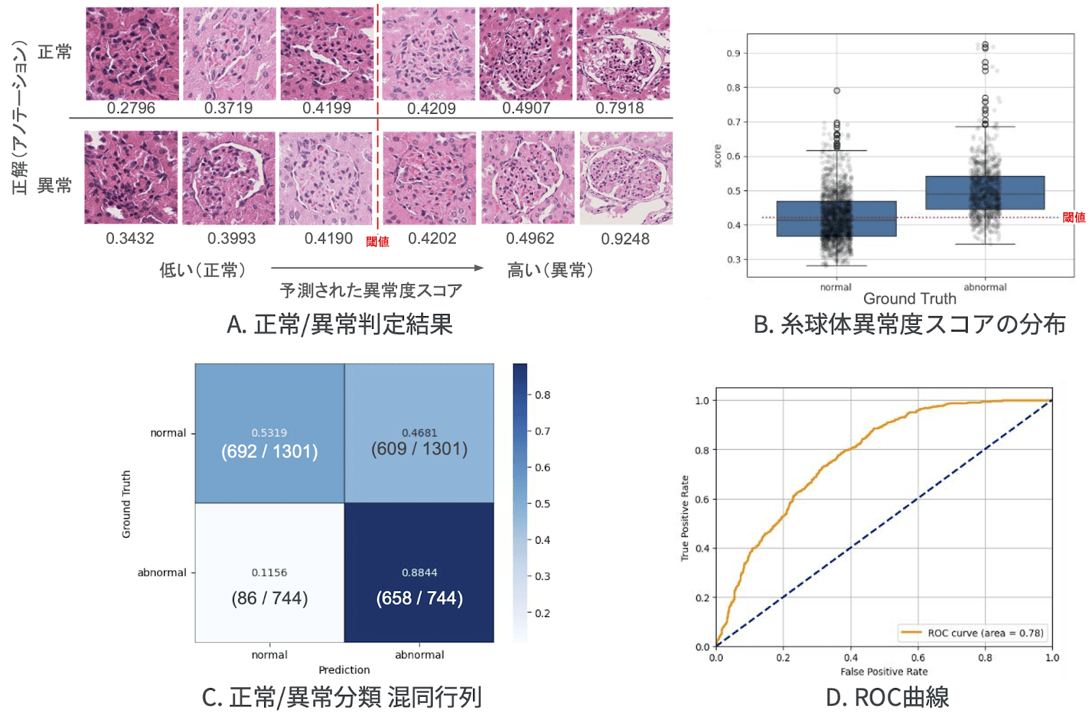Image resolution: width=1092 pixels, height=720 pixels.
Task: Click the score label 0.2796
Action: click(x=131, y=109)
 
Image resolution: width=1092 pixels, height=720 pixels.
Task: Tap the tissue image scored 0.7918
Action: click(x=623, y=54)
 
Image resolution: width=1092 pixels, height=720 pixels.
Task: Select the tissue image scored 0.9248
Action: click(x=626, y=178)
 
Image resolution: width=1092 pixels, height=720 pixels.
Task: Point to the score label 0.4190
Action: click(x=328, y=239)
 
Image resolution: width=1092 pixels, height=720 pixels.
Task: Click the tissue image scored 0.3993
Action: click(x=229, y=178)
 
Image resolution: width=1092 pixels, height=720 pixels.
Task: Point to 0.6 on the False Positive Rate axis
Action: click(x=918, y=658)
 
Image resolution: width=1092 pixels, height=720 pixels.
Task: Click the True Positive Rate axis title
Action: click(x=685, y=518)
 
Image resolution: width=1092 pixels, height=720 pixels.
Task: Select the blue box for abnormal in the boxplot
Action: click(x=985, y=193)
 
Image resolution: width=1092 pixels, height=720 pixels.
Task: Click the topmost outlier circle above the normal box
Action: click(x=837, y=91)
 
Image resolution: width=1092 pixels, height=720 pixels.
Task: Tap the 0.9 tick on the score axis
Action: click(x=733, y=53)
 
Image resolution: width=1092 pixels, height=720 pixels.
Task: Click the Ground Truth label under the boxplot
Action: click(x=910, y=299)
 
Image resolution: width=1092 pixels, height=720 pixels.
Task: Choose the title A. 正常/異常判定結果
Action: click(x=340, y=324)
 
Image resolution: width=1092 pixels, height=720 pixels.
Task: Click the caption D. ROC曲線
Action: click(x=887, y=697)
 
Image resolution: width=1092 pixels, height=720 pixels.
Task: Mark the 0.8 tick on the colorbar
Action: click(x=543, y=395)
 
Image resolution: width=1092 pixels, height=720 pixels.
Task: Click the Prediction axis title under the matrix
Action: click(x=344, y=670)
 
